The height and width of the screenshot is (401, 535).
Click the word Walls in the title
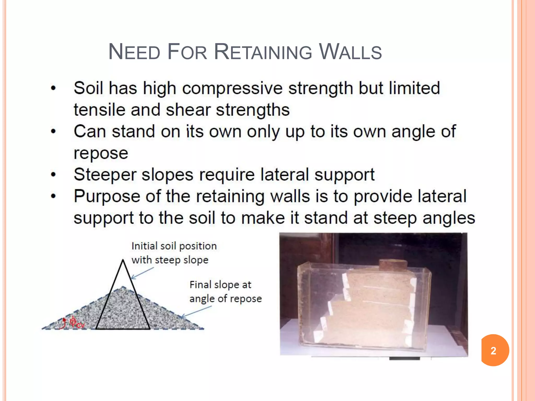click(x=350, y=52)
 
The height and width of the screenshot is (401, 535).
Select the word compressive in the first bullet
click(x=232, y=88)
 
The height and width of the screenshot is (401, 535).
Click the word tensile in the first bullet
click(x=99, y=110)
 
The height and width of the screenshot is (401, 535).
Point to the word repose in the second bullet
click(x=101, y=153)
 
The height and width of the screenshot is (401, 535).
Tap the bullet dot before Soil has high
click(x=54, y=88)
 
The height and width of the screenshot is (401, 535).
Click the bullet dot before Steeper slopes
click(x=54, y=174)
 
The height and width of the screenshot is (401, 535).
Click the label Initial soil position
click(x=174, y=246)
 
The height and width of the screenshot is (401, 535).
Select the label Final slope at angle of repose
click(x=225, y=291)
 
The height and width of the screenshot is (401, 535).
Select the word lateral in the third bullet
click(x=285, y=174)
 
